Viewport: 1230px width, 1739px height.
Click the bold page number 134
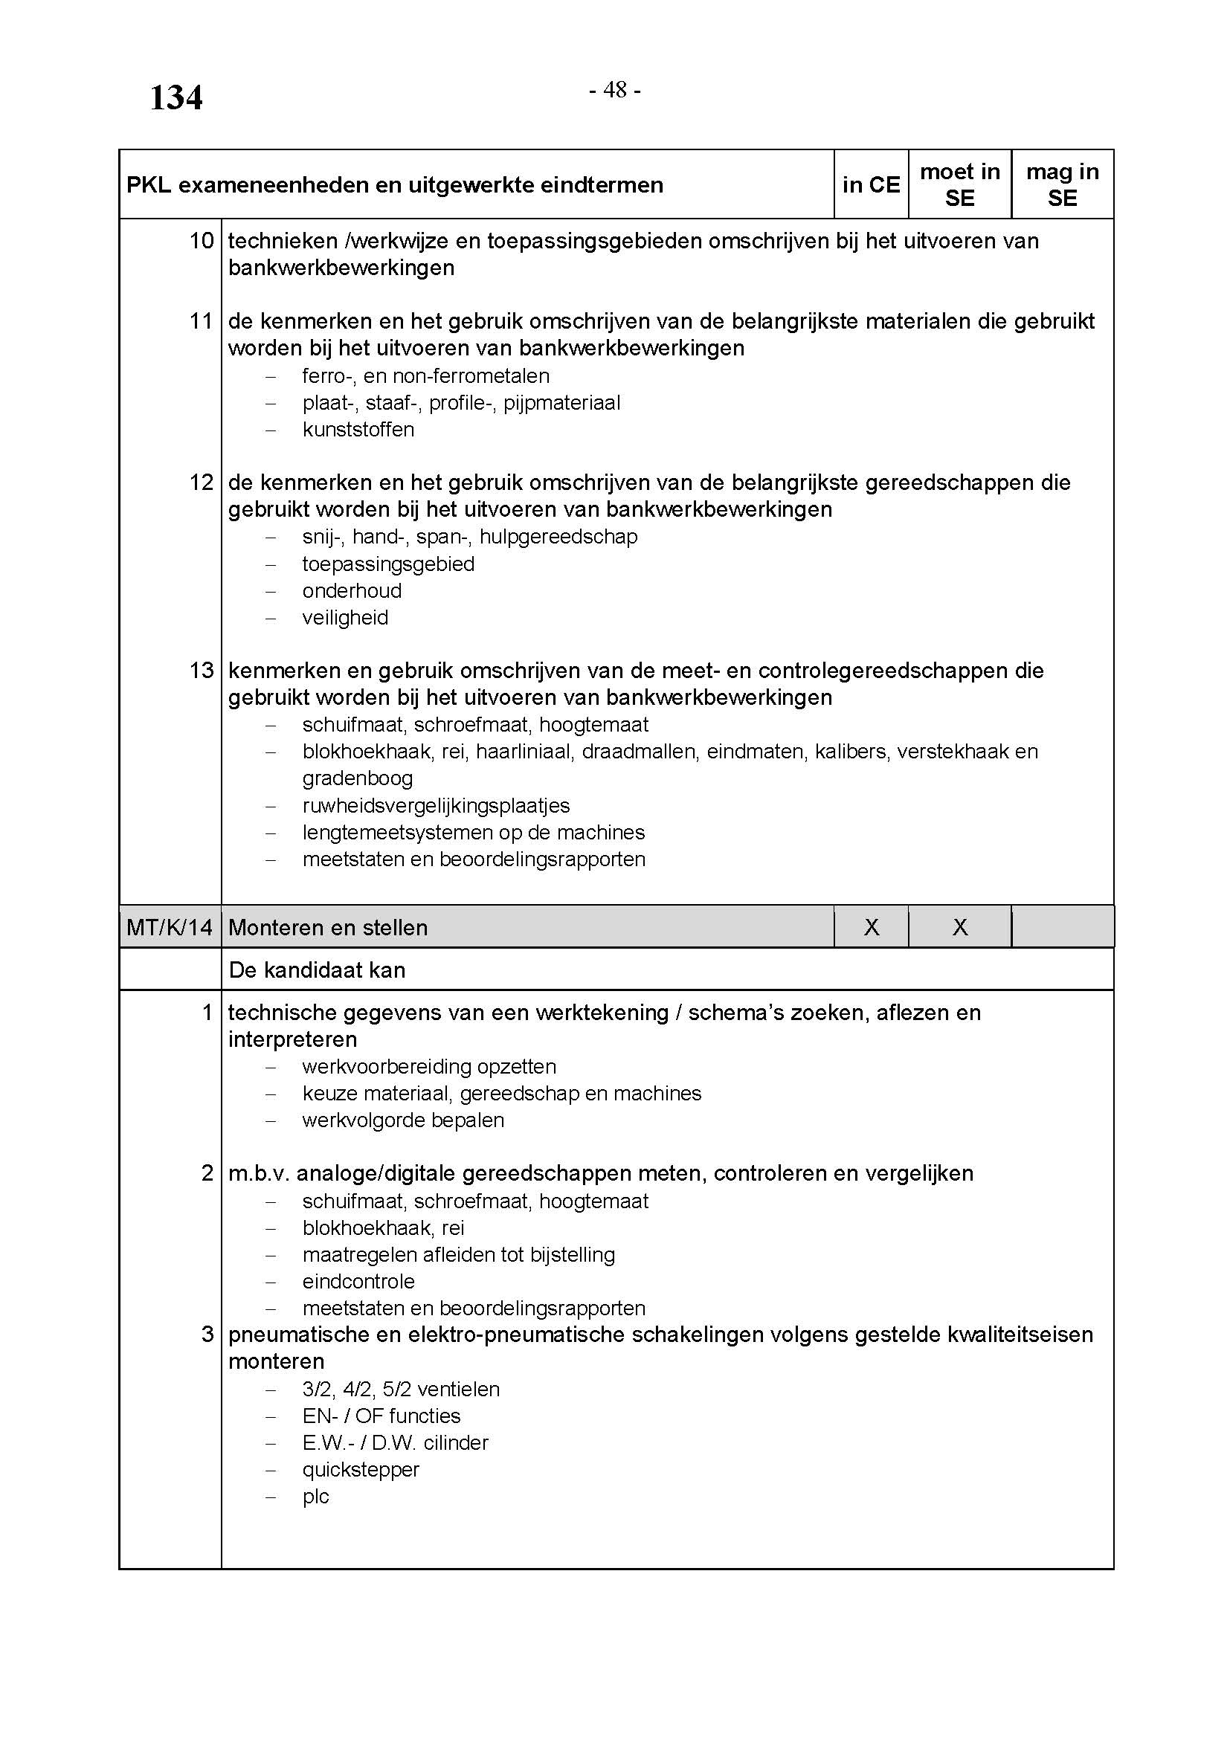[176, 98]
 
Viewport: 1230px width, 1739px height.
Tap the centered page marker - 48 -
[615, 90]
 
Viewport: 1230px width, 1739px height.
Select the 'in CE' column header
[871, 185]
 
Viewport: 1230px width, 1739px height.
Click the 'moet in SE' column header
[959, 185]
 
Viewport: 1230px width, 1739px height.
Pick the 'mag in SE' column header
[1062, 185]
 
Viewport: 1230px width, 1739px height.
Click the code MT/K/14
[170, 927]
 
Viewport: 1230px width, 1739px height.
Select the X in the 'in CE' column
[872, 927]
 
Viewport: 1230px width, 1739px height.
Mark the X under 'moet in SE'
[959, 927]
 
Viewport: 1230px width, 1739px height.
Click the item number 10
[202, 241]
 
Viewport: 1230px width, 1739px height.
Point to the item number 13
[202, 671]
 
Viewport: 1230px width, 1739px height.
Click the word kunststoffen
[358, 430]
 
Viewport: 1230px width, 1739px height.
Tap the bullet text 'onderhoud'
[352, 591]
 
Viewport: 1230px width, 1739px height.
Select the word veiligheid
[345, 617]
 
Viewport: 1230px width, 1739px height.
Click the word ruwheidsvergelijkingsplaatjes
[437, 805]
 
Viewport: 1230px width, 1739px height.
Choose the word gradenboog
[358, 778]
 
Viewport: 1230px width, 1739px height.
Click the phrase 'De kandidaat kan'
[317, 970]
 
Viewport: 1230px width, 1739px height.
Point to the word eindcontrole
[359, 1281]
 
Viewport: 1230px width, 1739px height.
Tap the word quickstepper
[361, 1469]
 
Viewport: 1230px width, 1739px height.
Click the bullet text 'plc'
[316, 1496]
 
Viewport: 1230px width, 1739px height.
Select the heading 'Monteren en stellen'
[328, 927]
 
